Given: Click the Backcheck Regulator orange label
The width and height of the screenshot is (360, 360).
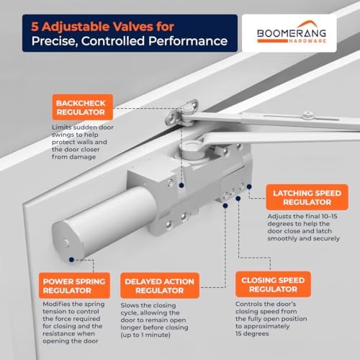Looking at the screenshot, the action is click(83, 107).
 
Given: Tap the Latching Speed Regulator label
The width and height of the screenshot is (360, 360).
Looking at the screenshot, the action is click(307, 197).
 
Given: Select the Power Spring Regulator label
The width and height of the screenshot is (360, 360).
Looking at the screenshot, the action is click(74, 286).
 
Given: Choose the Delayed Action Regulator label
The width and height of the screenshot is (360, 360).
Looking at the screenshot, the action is click(160, 286).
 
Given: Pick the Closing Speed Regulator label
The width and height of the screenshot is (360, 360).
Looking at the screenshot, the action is click(273, 284).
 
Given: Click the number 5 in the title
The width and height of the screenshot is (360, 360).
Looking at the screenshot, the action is click(35, 27).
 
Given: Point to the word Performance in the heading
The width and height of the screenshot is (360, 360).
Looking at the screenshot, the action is click(188, 41).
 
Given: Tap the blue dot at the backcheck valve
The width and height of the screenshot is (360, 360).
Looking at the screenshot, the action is click(181, 185).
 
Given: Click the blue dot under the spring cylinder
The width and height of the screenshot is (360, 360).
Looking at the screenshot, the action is click(71, 259).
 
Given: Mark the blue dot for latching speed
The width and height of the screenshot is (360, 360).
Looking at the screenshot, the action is click(249, 186).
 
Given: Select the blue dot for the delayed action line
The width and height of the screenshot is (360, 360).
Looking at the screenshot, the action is click(225, 206).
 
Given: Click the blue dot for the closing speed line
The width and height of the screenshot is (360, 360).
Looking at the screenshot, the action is click(238, 199).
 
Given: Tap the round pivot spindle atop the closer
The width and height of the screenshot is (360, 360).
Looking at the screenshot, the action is click(192, 149).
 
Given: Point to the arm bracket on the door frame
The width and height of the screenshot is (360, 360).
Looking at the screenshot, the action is click(182, 112).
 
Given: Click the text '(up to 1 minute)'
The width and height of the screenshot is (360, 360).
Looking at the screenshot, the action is click(145, 335).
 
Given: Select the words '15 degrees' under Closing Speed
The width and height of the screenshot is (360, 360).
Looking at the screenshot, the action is click(252, 333).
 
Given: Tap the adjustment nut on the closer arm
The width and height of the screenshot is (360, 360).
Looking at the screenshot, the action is click(308, 116).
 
